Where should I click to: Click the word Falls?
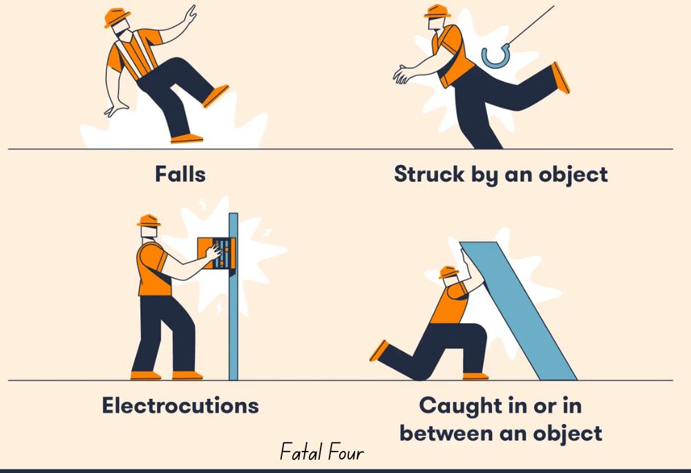coord(180,174)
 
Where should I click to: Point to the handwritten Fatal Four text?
coord(321,453)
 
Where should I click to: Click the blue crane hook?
coord(495,56)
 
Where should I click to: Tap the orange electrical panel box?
coord(216,253)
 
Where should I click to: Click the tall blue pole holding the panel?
coord(233,311)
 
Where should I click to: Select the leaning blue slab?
coord(518,311)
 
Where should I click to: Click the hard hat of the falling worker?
coord(117,17)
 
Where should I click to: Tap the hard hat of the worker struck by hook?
coord(437,12)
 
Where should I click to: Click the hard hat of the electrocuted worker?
coord(149,220)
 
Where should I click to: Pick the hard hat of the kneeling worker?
coord(449,271)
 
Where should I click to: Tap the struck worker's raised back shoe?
coord(561,77)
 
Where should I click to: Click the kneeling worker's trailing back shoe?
coord(379,350)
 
